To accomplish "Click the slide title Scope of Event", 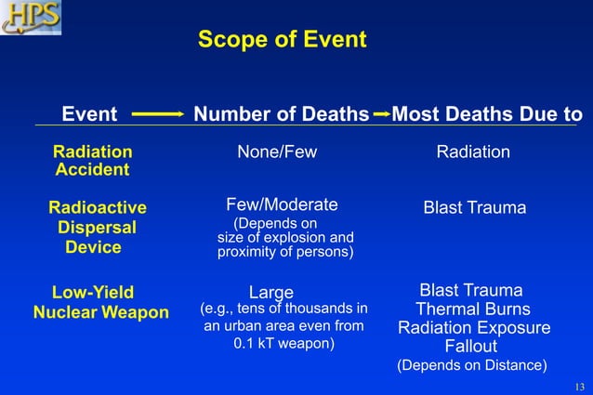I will pyautogui.click(x=283, y=41).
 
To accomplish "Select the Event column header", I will pyautogui.click(x=89, y=114).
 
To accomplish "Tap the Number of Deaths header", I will pyautogui.click(x=281, y=114).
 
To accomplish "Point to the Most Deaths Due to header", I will pyautogui.click(x=488, y=114).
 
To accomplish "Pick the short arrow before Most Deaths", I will pyautogui.click(x=381, y=114).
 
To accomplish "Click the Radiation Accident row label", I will pyautogui.click(x=92, y=161).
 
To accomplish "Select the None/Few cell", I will pyautogui.click(x=277, y=152).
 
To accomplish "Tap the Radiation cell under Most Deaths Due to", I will pyautogui.click(x=473, y=152).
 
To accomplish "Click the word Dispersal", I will pyautogui.click(x=97, y=228).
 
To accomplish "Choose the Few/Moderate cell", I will pyautogui.click(x=282, y=204).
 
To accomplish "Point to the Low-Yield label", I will pyautogui.click(x=92, y=292).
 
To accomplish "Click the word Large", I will pyautogui.click(x=271, y=294).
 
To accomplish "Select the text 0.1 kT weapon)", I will pyautogui.click(x=283, y=344).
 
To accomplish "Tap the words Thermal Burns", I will pyautogui.click(x=473, y=309).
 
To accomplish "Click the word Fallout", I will pyautogui.click(x=471, y=347).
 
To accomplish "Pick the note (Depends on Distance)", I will pyautogui.click(x=472, y=365).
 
